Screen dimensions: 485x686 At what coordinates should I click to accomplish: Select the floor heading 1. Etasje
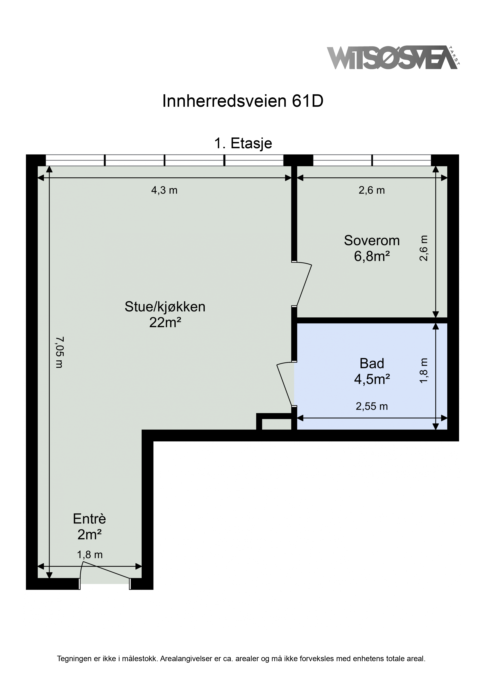(x=243, y=143)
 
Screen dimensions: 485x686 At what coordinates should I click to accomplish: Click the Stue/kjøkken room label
(x=165, y=307)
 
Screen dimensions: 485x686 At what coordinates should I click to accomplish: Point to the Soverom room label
(x=372, y=241)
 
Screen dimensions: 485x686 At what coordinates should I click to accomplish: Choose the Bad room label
(x=372, y=364)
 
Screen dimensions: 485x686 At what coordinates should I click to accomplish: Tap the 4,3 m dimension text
(x=164, y=190)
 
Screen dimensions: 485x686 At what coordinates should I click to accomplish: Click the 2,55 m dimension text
(x=372, y=406)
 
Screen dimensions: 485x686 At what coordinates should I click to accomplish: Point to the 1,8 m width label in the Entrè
(x=90, y=555)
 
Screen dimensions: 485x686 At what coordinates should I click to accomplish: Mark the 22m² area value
(x=165, y=323)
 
